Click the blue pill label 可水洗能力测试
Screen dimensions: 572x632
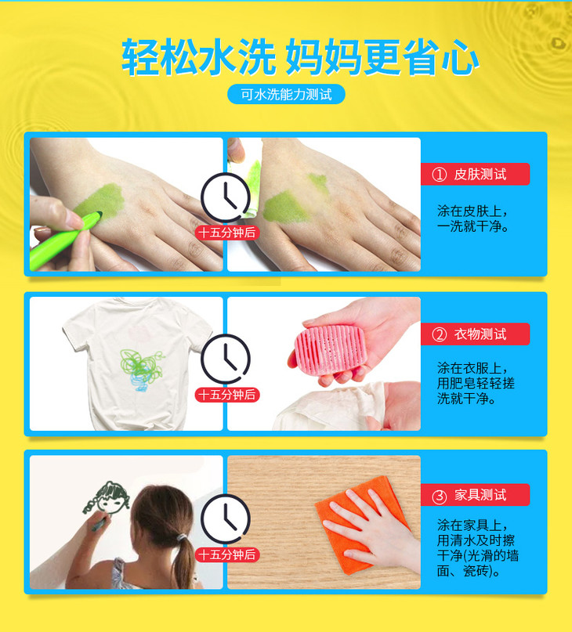(286, 94)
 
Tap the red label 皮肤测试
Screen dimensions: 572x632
(475, 174)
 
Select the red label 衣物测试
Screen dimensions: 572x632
(475, 334)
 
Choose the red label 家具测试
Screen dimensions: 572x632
(475, 494)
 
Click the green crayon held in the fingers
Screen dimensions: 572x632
(64, 240)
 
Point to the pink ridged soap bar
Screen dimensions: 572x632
(330, 346)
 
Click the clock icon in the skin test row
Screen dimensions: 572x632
(226, 197)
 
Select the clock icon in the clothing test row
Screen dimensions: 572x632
(226, 359)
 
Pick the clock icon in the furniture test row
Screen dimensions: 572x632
(226, 518)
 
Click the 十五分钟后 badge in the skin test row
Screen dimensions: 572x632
(227, 233)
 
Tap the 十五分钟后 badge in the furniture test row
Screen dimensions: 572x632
(227, 554)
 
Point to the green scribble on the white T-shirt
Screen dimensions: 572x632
(141, 365)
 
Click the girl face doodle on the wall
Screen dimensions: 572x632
(107, 498)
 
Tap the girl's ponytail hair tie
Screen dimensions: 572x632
(182, 537)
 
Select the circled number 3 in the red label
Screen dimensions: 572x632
(440, 497)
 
